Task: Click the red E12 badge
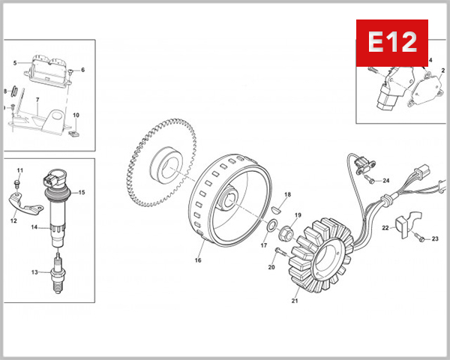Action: click(x=391, y=42)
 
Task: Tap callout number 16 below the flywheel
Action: click(x=199, y=261)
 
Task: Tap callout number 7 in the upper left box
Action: click(x=37, y=100)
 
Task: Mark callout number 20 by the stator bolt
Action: click(x=271, y=267)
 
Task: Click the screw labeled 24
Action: click(x=370, y=179)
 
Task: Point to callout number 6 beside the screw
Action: click(x=82, y=70)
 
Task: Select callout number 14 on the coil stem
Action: click(x=34, y=226)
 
